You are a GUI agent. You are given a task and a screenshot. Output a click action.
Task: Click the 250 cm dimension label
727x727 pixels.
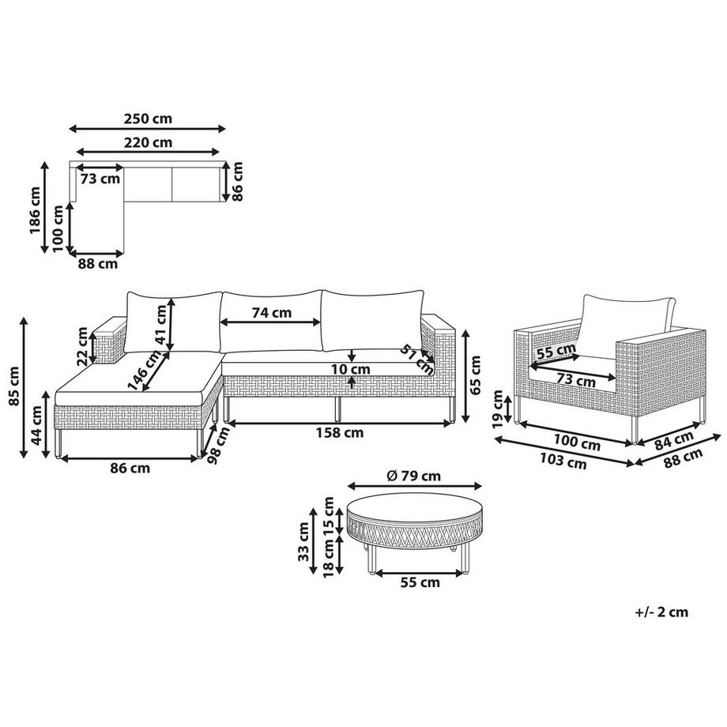click(148, 119)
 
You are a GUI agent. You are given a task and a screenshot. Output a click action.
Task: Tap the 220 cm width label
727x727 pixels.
click(148, 143)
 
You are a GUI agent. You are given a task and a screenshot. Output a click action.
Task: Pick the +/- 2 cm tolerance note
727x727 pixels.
click(661, 611)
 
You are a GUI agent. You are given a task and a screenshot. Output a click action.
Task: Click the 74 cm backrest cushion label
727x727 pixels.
click(271, 312)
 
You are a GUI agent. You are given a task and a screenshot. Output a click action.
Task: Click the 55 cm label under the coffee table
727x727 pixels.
click(420, 582)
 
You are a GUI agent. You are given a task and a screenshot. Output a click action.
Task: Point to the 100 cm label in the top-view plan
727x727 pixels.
click(58, 228)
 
